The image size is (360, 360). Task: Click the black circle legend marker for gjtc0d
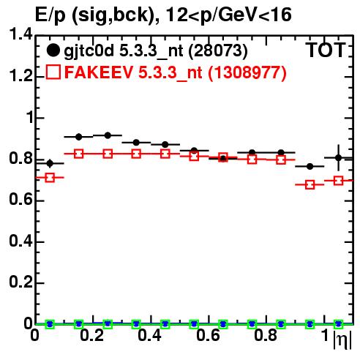point(53,50)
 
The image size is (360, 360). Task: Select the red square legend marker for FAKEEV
point(53,72)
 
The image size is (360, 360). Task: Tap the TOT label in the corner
point(326,50)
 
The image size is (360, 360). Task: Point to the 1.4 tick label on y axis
point(20,34)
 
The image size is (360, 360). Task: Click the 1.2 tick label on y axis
point(20,76)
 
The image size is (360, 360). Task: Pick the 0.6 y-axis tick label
point(20,200)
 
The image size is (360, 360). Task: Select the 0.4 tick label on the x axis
point(149,335)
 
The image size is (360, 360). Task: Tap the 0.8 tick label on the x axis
point(266,335)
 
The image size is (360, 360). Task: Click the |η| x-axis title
point(342,340)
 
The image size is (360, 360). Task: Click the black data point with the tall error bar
point(338,158)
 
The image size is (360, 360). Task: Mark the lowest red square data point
point(310,184)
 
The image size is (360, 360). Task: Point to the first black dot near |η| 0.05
point(50,163)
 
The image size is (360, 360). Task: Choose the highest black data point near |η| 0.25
point(108,135)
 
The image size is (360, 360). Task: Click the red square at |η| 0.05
point(50,178)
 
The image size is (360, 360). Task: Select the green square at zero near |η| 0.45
point(165,324)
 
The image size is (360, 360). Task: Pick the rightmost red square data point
point(338,181)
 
